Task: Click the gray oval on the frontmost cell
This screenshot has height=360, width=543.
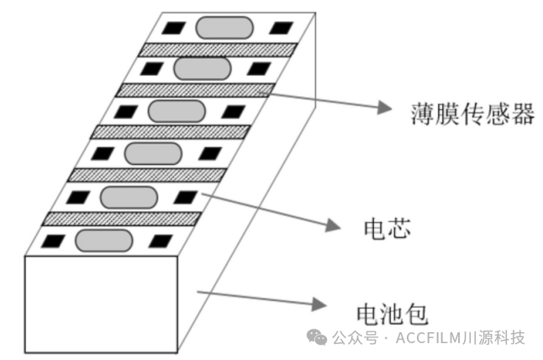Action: [104, 240]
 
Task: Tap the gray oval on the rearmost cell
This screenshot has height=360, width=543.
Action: [224, 26]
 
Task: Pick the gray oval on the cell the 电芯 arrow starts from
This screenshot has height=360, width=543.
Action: [128, 197]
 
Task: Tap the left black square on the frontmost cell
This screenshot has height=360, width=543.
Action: [54, 240]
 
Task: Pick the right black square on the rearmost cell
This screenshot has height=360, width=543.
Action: [277, 26]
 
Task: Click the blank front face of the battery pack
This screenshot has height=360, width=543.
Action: [101, 303]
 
